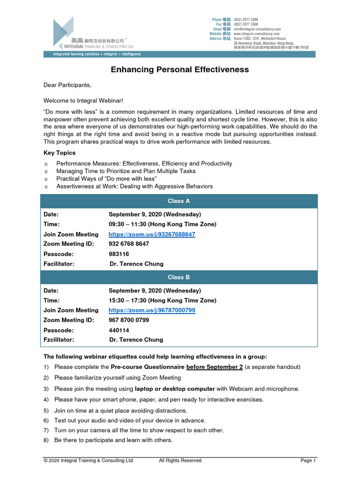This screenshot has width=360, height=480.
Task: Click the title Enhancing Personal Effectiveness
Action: [180, 70]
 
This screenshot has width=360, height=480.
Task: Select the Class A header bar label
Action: [179, 201]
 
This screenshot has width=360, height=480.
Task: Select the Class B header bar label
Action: [179, 277]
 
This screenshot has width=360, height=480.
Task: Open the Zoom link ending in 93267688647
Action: [152, 234]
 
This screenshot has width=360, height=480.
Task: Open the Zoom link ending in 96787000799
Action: [152, 310]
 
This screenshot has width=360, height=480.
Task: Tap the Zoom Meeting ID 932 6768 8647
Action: [129, 244]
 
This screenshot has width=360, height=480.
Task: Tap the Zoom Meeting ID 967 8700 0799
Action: [129, 320]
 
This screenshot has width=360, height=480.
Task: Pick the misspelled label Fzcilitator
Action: [59, 340]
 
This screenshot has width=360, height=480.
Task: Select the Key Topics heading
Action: [60, 153]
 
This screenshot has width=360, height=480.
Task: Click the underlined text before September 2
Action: [214, 367]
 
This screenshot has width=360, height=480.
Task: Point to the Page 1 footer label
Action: [308, 461]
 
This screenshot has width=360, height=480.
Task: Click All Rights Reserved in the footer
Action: [180, 461]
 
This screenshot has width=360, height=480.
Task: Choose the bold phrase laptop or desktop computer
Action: [175, 389]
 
